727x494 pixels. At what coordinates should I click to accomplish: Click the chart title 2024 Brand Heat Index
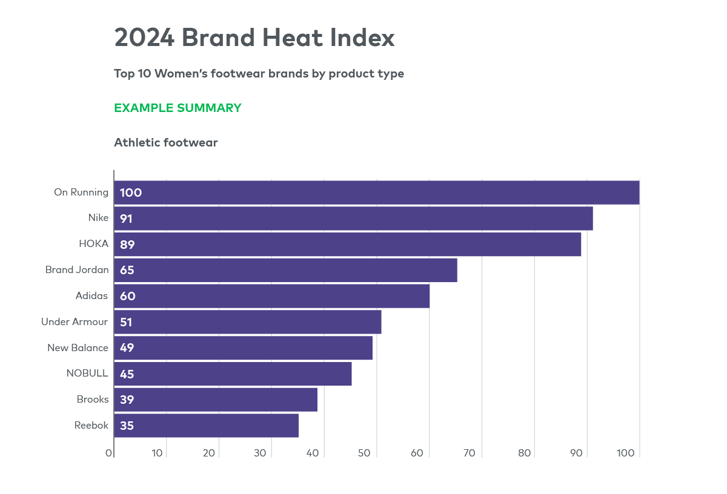pos(254,38)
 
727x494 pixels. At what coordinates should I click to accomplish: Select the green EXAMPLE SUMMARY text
pos(178,108)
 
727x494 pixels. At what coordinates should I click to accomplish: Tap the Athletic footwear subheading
pos(165,143)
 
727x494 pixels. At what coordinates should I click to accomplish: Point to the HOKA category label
pos(93,244)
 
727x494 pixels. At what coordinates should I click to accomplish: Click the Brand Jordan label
pos(77,270)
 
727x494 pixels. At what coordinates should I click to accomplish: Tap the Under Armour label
pos(75,321)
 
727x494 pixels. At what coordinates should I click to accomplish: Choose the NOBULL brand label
pos(87,374)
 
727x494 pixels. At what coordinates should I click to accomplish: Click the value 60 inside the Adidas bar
pos(127,296)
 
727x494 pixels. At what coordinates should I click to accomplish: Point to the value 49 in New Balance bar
pos(127,348)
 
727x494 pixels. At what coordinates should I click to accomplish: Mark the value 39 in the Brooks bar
pos(127,400)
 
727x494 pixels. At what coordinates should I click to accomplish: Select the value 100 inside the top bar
pos(130,193)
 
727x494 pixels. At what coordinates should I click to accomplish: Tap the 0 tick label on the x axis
pos(109,453)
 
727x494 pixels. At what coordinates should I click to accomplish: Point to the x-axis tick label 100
pos(625,453)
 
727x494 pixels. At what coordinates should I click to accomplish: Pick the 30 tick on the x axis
pos(261,453)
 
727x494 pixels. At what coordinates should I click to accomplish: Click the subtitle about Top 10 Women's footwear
pos(259,74)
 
